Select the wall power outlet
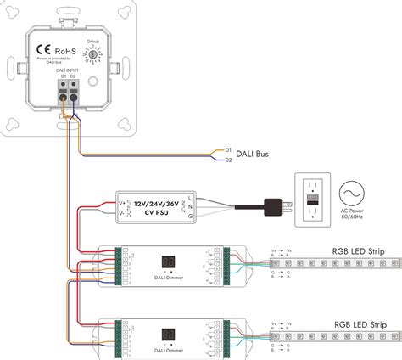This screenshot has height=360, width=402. [x=314, y=202]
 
